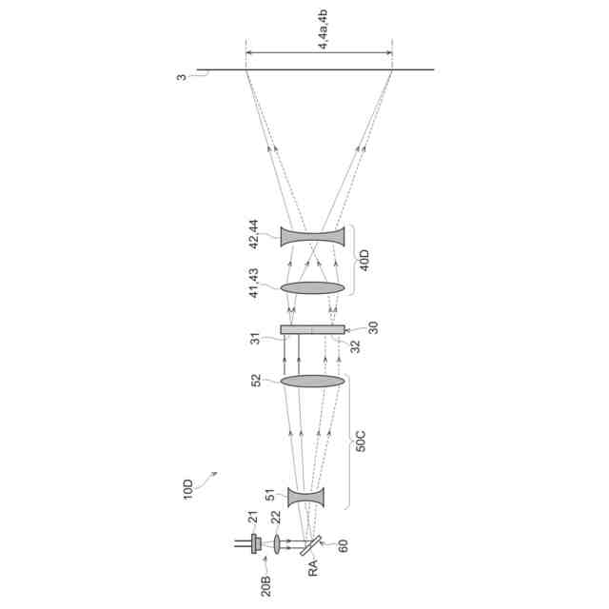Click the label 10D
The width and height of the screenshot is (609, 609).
coord(188,489)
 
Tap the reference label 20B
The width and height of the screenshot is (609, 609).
coord(266,586)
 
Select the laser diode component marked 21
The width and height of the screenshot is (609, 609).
coord(255,543)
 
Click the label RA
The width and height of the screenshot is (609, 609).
coord(313,568)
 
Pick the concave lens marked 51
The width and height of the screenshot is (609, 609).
coord(305,498)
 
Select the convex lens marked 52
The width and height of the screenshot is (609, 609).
coord(313,381)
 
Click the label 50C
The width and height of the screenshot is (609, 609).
coord(361,441)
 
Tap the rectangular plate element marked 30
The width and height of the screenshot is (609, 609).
coord(313,330)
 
